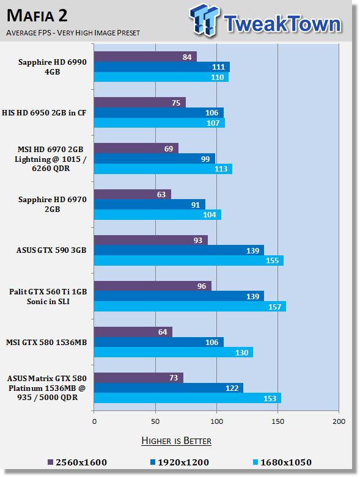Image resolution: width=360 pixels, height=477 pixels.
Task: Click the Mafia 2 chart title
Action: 37,15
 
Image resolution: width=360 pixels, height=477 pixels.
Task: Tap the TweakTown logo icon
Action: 204,20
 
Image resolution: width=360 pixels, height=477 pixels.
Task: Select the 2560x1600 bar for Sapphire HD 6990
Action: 145,57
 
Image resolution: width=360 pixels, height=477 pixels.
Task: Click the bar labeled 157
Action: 190,307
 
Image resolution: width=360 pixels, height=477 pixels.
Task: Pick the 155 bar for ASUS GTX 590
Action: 189,260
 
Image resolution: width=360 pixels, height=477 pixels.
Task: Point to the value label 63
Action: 161,194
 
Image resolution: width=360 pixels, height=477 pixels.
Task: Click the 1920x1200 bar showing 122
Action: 169,388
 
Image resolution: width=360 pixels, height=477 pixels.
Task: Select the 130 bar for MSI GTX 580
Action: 174,352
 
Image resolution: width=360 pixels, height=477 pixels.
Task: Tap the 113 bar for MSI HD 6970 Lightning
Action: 163,169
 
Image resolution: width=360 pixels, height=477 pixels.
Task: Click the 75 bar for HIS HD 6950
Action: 140,103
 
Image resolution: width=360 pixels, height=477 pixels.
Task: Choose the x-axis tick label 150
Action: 278,421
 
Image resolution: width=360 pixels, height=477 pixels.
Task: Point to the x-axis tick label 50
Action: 155,421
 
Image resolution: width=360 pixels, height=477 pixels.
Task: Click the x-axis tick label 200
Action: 339,421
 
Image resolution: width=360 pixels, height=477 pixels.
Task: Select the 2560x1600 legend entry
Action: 77,462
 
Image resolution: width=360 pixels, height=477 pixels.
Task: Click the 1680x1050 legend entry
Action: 282,462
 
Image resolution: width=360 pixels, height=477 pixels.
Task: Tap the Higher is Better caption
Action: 177,441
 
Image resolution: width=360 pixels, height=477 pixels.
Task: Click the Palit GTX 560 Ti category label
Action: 48,296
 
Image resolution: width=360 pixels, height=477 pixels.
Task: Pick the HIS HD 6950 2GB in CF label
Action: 44,112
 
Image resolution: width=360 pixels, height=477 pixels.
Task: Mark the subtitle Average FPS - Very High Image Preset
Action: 73,32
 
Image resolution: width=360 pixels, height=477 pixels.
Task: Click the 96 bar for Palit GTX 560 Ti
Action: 152,286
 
